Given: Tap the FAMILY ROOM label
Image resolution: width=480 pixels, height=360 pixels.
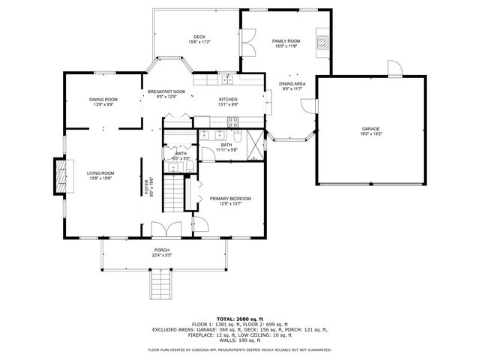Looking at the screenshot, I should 285,40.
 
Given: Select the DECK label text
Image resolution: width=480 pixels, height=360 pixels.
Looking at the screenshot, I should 199,37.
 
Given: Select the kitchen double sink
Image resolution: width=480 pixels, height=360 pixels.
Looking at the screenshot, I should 226,79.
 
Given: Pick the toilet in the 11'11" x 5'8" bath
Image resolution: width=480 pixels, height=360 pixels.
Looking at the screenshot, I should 237,136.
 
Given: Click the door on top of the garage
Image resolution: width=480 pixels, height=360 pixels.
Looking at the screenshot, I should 393,70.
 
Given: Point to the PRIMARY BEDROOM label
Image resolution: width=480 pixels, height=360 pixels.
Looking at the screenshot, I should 230,198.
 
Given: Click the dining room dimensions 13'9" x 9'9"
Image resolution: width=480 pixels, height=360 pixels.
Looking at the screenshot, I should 103,105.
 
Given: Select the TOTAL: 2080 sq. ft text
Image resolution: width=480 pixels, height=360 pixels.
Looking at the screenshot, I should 239,318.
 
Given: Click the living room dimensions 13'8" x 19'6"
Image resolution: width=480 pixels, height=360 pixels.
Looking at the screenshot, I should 100,178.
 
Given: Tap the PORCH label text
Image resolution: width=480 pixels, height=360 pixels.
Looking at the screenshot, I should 162,250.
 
